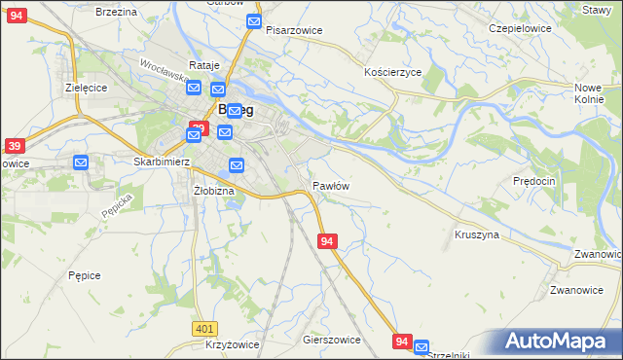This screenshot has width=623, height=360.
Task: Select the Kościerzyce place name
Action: click(392, 73)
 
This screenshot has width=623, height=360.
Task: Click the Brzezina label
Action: click(117, 11)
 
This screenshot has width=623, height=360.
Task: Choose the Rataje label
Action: click(205, 65)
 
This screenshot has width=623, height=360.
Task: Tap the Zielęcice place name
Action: click(87, 86)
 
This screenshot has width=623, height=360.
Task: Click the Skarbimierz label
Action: click(160, 162)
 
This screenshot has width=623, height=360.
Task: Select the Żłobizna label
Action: click(214, 191)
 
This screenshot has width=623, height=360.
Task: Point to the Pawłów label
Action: click(331, 185)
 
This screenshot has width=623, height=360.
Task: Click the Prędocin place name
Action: click(533, 181)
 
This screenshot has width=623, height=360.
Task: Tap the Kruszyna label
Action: click(477, 235)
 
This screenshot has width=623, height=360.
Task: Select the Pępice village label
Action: click(85, 275)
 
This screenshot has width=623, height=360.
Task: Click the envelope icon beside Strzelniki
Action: click(421, 345)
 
